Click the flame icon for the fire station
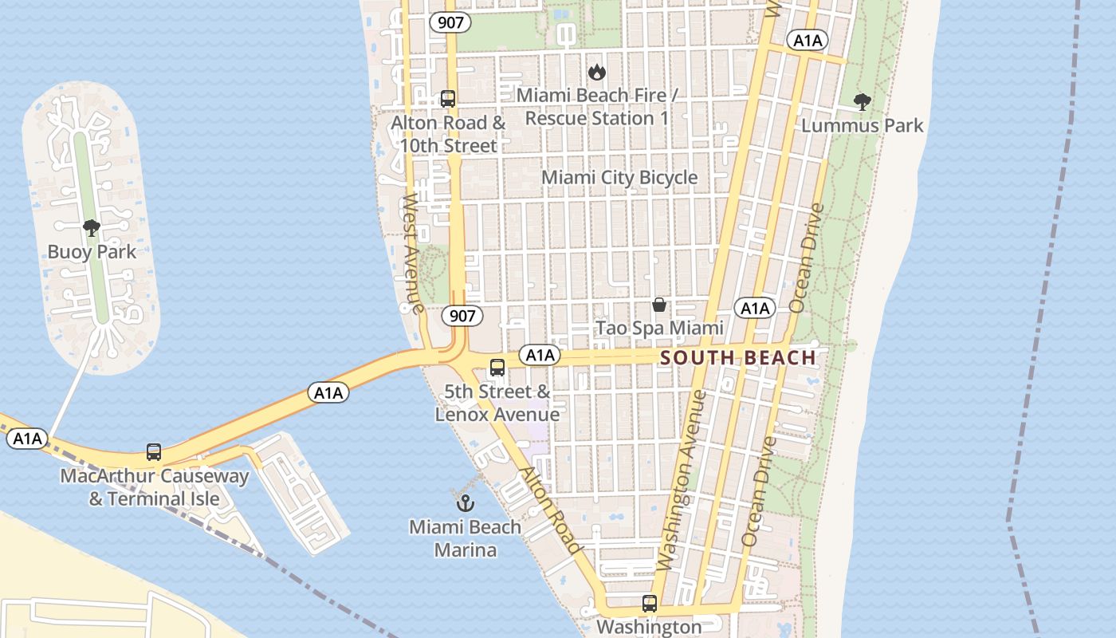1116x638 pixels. (x=596, y=73)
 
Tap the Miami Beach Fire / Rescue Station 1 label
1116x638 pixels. (x=596, y=107)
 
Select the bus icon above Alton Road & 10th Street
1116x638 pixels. (x=448, y=99)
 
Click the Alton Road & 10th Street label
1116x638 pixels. (x=448, y=134)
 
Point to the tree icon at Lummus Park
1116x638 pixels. (x=862, y=101)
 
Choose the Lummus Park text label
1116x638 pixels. (x=862, y=125)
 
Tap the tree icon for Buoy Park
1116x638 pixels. (x=92, y=228)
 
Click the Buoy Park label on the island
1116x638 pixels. (x=92, y=252)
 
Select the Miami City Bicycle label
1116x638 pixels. (x=619, y=177)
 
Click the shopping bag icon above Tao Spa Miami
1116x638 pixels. (x=659, y=305)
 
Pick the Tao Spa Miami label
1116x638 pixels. (x=659, y=328)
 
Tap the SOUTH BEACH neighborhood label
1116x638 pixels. (x=738, y=358)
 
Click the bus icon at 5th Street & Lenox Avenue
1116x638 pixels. (x=497, y=368)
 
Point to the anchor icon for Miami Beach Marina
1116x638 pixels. (x=465, y=503)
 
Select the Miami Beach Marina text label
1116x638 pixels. (x=465, y=538)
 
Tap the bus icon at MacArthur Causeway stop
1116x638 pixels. (x=154, y=452)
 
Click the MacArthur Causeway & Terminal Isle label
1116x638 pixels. (x=155, y=487)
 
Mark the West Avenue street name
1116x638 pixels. (x=412, y=254)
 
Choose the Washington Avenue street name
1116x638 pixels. (x=685, y=480)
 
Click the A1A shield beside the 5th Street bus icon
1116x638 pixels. (x=540, y=355)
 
